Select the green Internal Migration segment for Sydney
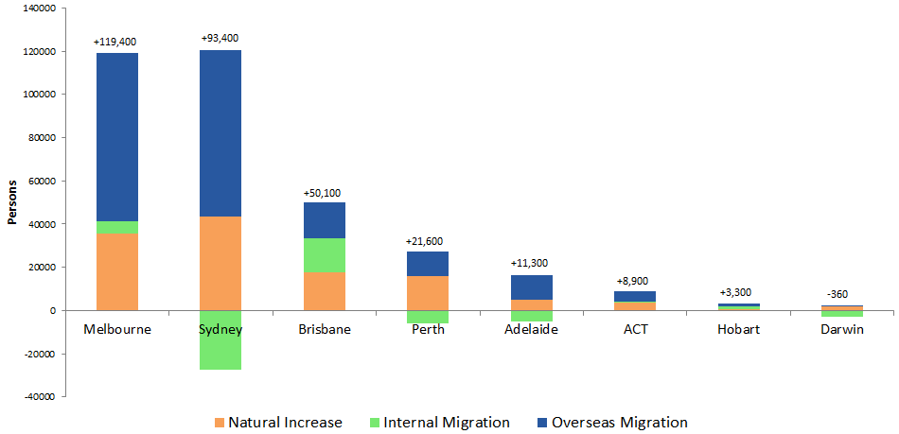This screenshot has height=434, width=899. pos(220,339)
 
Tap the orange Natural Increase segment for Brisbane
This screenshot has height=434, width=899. pos(324,291)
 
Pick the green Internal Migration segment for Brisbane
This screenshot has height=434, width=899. pos(324,255)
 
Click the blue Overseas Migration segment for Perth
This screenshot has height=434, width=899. pos(428,264)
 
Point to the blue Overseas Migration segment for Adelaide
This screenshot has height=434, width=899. pos(531,287)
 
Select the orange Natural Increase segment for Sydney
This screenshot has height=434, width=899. pos(220,264)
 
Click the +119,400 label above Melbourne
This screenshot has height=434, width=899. pos(117,43)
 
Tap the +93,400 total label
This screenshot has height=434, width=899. pos(220,38)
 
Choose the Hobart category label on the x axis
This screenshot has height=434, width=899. pos(738,330)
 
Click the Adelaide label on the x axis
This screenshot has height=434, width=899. pos(531,330)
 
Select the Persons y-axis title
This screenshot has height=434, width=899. pos(12,201)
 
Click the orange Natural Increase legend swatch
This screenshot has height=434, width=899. pos(220,423)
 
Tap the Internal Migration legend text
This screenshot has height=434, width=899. pos(448,423)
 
